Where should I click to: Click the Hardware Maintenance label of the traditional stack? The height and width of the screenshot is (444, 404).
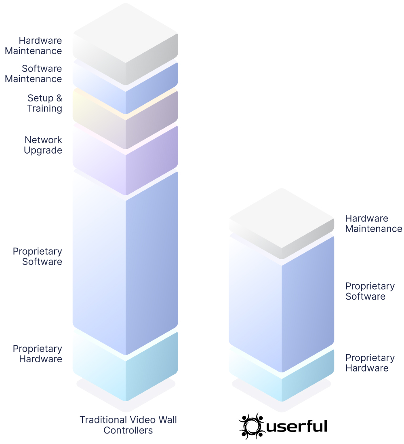coord(34,46)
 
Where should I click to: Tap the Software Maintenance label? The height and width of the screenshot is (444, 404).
coord(34,74)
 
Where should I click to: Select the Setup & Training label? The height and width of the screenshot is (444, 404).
coord(45,103)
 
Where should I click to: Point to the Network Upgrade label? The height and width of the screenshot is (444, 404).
coord(43,145)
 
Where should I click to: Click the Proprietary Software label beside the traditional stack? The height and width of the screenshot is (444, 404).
coord(37,256)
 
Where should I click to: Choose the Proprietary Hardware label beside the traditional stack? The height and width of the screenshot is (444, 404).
coord(37,354)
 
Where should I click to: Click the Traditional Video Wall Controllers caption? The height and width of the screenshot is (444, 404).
coord(128,425)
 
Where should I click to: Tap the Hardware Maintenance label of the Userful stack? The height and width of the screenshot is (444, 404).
coord(374,224)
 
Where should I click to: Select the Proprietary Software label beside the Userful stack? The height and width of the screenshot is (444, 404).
coord(370,291)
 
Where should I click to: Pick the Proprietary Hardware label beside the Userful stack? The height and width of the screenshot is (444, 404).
coord(370,363)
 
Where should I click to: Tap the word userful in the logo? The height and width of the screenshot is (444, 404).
coord(297,427)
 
